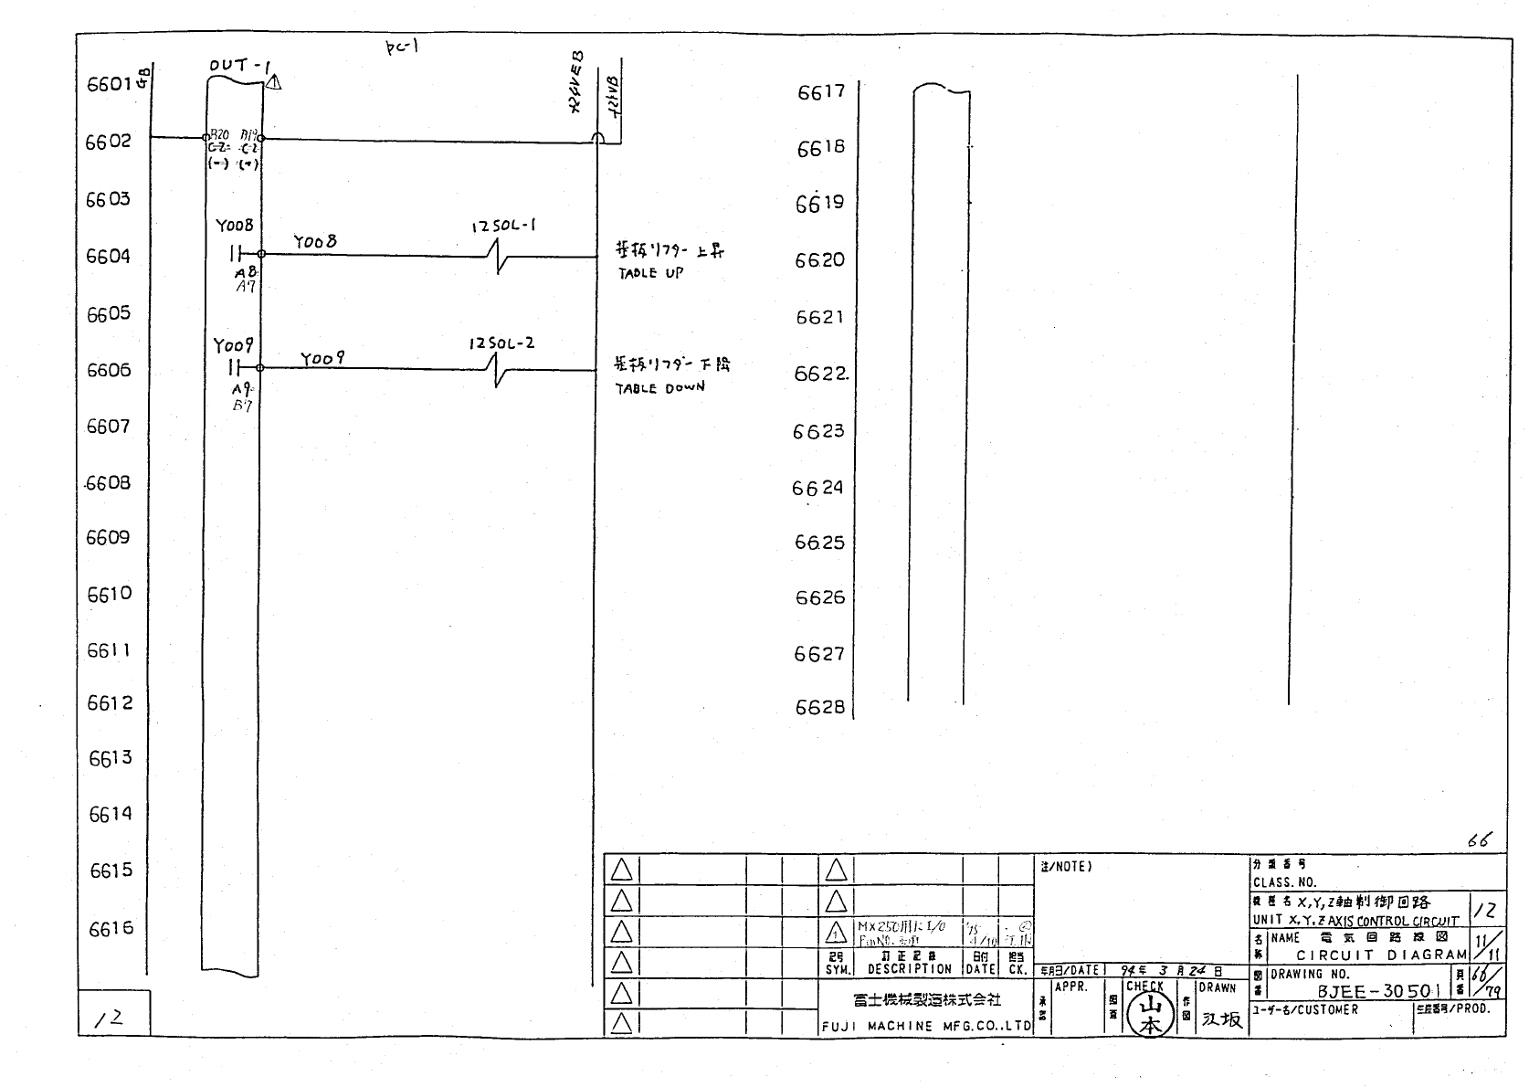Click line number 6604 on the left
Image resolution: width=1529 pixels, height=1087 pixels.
pos(109,256)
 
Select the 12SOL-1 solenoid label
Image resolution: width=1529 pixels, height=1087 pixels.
pos(503,225)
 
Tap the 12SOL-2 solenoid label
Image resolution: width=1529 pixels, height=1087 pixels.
pos(501,343)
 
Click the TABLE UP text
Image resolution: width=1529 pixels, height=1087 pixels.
pos(650,272)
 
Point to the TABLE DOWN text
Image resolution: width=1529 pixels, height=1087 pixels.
pos(659,387)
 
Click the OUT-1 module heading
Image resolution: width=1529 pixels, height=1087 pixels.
pos(240,66)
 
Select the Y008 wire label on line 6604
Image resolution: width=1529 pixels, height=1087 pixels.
pos(315,242)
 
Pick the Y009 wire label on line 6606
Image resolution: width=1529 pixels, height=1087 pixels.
pos(322,359)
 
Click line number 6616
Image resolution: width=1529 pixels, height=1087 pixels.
pos(111,929)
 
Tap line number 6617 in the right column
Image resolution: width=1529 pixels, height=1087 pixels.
pos(821,91)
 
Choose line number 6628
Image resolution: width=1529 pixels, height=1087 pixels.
pos(819,708)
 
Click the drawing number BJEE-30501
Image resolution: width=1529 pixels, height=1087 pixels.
pos(1378,991)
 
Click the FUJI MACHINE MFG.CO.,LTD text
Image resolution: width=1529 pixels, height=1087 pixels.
pos(925,1026)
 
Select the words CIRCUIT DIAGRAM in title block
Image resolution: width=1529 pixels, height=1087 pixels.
pos(1380,955)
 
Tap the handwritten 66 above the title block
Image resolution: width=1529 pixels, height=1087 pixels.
pos(1478,840)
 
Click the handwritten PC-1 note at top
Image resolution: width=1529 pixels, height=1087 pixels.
pos(401,47)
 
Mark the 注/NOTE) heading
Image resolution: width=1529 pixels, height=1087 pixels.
pos(1066,866)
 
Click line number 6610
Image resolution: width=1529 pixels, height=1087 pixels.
pos(110,595)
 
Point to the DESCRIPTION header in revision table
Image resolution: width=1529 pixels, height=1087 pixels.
pos(909,969)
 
